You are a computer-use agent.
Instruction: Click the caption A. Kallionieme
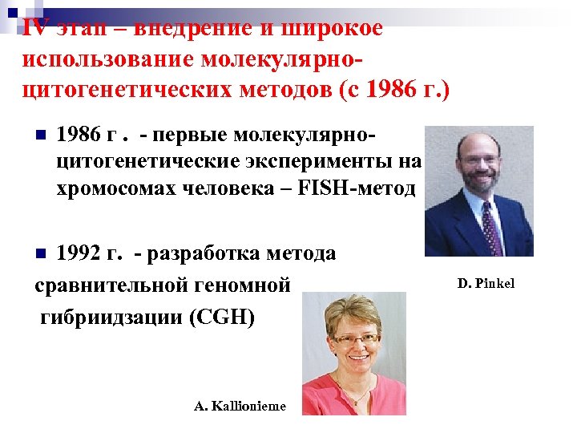[x=240, y=406]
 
